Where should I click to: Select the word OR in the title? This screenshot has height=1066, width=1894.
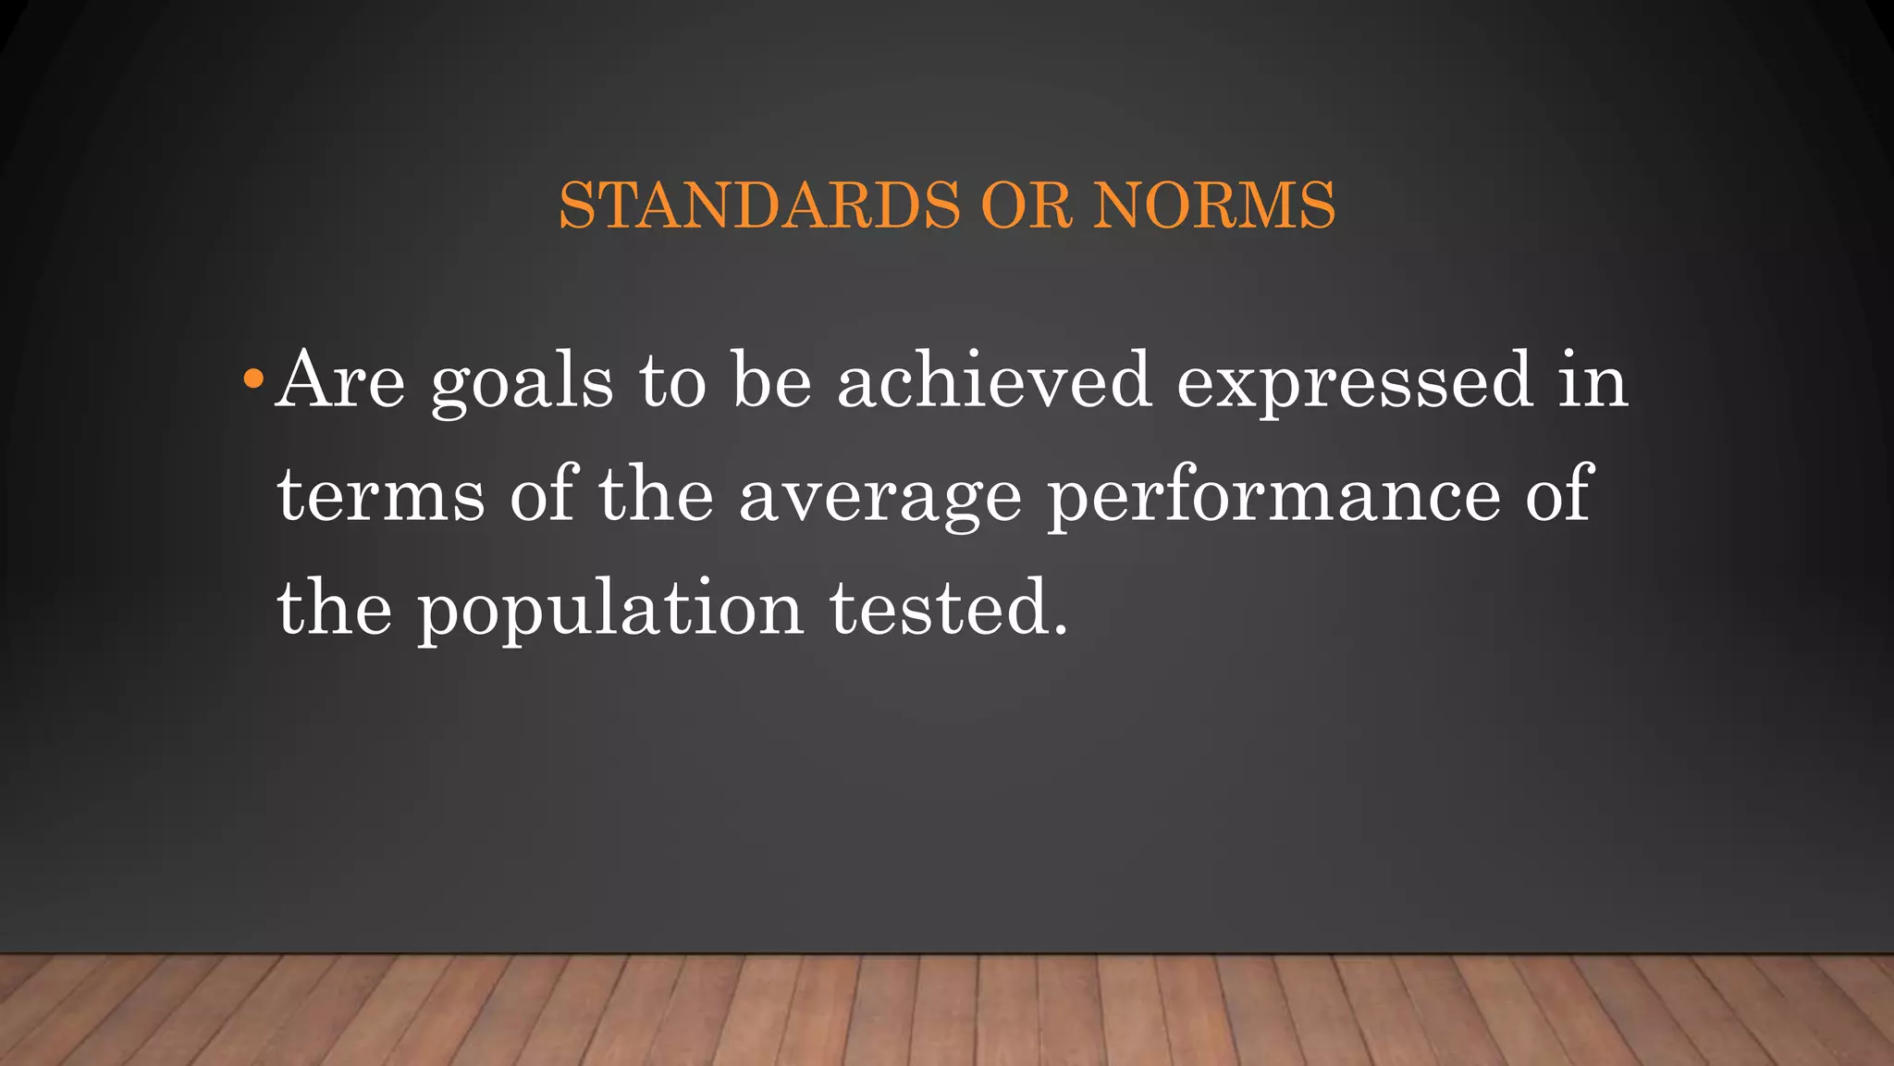click(x=1026, y=205)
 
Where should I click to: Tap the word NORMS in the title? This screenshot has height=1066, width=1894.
click(x=1214, y=205)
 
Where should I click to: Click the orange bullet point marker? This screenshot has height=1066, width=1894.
click(x=252, y=379)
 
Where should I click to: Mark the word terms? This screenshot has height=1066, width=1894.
click(x=381, y=496)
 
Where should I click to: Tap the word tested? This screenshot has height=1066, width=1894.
click(x=949, y=609)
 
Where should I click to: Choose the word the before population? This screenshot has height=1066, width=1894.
click(x=334, y=609)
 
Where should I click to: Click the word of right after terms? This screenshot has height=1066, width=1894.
click(x=544, y=494)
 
